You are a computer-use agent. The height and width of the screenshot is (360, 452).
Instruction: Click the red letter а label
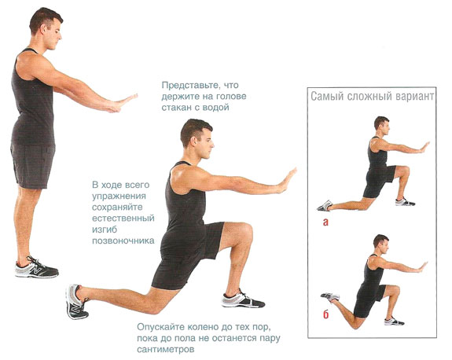point(325,222)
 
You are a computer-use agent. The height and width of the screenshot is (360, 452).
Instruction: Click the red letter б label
point(325,314)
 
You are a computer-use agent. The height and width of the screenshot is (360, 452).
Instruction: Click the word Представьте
point(188,86)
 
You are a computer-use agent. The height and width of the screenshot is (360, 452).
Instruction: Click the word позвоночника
point(123,241)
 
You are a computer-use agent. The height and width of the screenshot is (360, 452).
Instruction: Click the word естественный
point(123,219)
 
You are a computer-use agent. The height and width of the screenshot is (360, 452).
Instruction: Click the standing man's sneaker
point(36,267)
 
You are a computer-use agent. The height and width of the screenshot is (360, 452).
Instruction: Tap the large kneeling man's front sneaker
point(243,299)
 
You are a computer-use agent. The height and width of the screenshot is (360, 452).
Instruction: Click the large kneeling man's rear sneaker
point(76,301)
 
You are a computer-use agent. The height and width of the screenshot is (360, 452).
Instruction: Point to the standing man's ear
point(45,28)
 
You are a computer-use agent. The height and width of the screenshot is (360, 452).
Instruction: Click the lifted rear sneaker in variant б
point(330,296)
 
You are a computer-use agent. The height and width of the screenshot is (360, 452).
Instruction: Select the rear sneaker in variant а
point(325,205)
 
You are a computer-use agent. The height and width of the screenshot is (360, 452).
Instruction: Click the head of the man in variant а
point(382,124)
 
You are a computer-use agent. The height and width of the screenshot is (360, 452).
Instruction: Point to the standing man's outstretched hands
point(123,103)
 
